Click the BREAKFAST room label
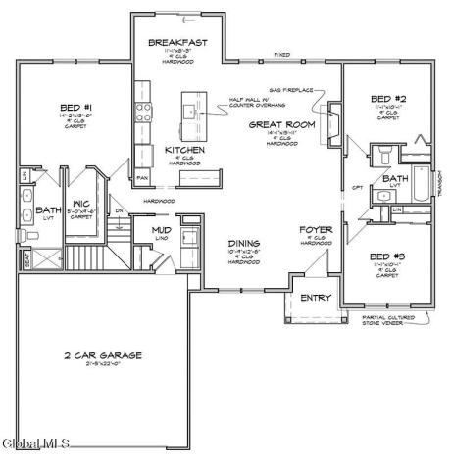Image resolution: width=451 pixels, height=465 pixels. click(176, 43)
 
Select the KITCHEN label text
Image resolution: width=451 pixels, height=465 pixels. click(184, 150)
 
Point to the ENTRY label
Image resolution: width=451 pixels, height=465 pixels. click(316, 298)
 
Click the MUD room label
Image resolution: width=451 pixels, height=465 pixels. click(161, 231)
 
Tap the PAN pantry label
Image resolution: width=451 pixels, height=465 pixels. click(142, 178)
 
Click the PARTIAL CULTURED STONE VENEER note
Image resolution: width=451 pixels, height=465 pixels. click(386, 318)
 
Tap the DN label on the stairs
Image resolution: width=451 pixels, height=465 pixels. click(119, 210)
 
